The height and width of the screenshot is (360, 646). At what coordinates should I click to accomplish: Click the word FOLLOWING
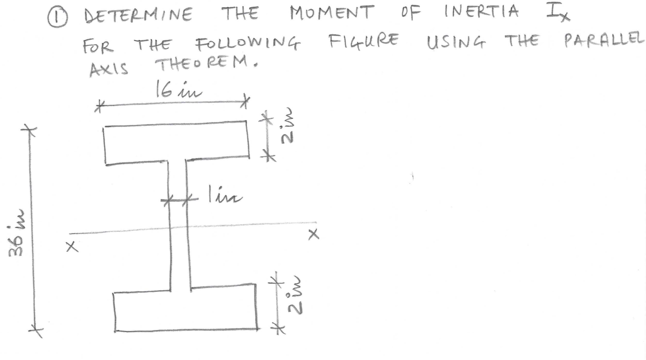point(248,46)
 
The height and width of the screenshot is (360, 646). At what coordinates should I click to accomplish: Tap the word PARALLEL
point(604,41)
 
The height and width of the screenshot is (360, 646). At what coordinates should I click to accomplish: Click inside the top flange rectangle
point(176,143)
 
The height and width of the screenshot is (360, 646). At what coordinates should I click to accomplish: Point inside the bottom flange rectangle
point(185,309)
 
